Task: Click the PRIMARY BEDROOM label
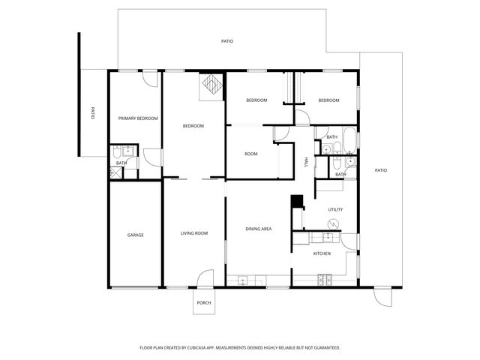[x=138, y=118]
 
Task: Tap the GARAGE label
[x=135, y=235]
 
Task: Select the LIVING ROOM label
[x=194, y=233]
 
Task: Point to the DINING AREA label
[x=259, y=228]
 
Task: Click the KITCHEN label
[x=322, y=253]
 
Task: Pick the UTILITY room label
[x=335, y=209]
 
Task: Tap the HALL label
[x=306, y=163]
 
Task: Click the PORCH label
[x=203, y=303]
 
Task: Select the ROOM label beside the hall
[x=251, y=154]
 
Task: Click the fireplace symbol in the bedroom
[x=211, y=85]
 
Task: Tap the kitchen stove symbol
[x=325, y=280]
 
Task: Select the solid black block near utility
[x=297, y=201]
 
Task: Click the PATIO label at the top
[x=226, y=41]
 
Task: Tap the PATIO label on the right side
[x=381, y=171]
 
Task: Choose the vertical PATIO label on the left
[x=92, y=114]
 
